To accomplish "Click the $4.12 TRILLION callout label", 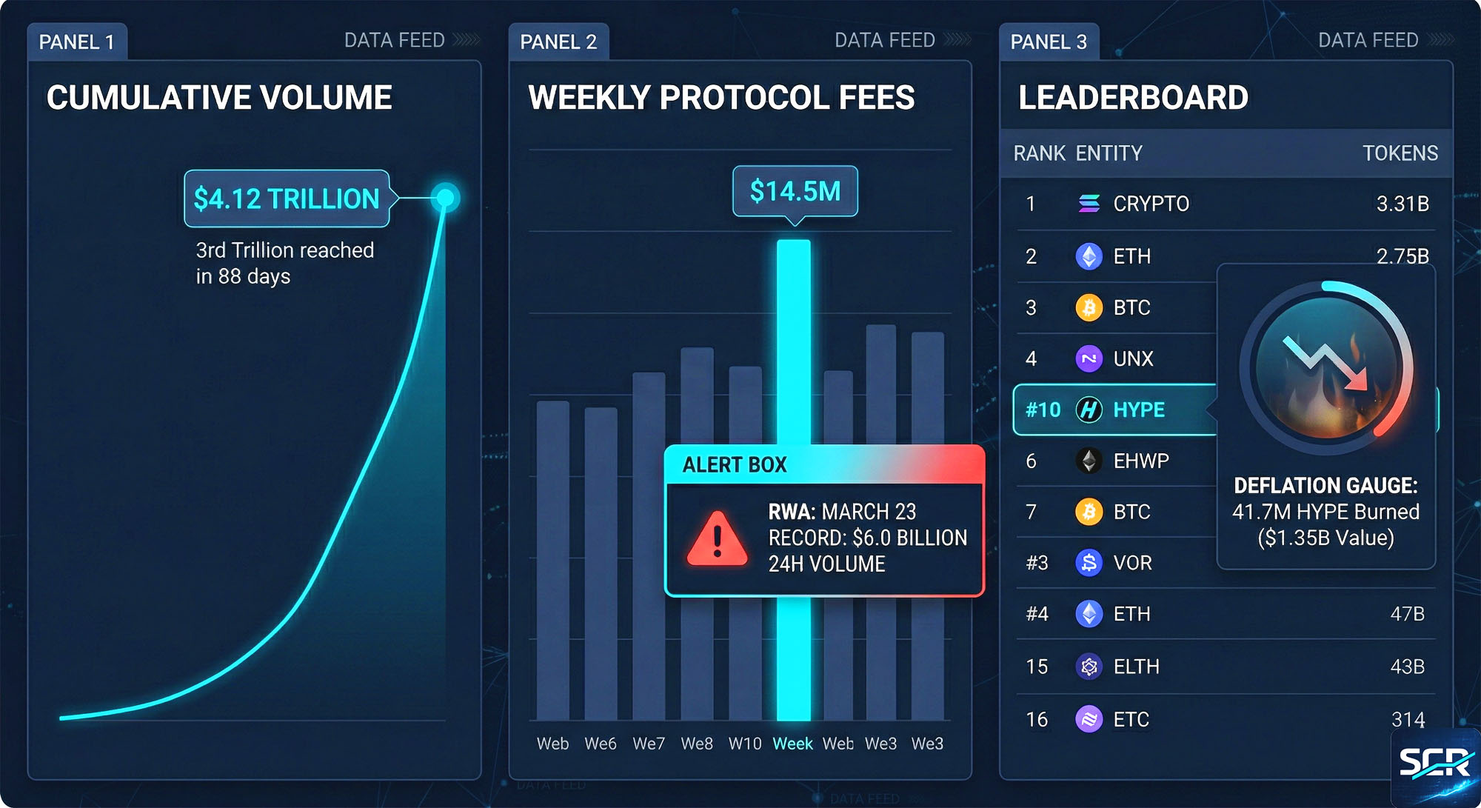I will pyautogui.click(x=287, y=198).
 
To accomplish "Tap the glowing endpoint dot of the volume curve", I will pyautogui.click(x=445, y=198).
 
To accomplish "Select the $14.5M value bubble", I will pyautogui.click(x=795, y=191).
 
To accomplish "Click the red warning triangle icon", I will pyautogui.click(x=717, y=538).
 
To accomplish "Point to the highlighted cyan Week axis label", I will pyautogui.click(x=792, y=744).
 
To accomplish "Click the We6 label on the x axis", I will pyautogui.click(x=600, y=744).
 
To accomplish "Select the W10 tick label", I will pyautogui.click(x=744, y=744).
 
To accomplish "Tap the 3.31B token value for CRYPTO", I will pyautogui.click(x=1402, y=204).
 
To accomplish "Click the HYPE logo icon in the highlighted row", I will pyautogui.click(x=1089, y=410).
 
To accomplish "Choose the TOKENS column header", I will pyautogui.click(x=1400, y=153).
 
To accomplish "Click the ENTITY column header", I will pyautogui.click(x=1109, y=153).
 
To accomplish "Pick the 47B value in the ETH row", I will pyautogui.click(x=1407, y=614).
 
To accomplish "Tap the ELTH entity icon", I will pyautogui.click(x=1089, y=667).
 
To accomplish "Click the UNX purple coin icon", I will pyautogui.click(x=1089, y=359).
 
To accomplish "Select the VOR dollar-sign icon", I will pyautogui.click(x=1089, y=563).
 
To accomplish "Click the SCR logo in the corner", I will pyautogui.click(x=1434, y=763).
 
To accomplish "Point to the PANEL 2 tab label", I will pyautogui.click(x=558, y=42).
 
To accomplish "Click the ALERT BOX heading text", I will pyautogui.click(x=734, y=465).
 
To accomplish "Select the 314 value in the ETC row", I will pyautogui.click(x=1408, y=719).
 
